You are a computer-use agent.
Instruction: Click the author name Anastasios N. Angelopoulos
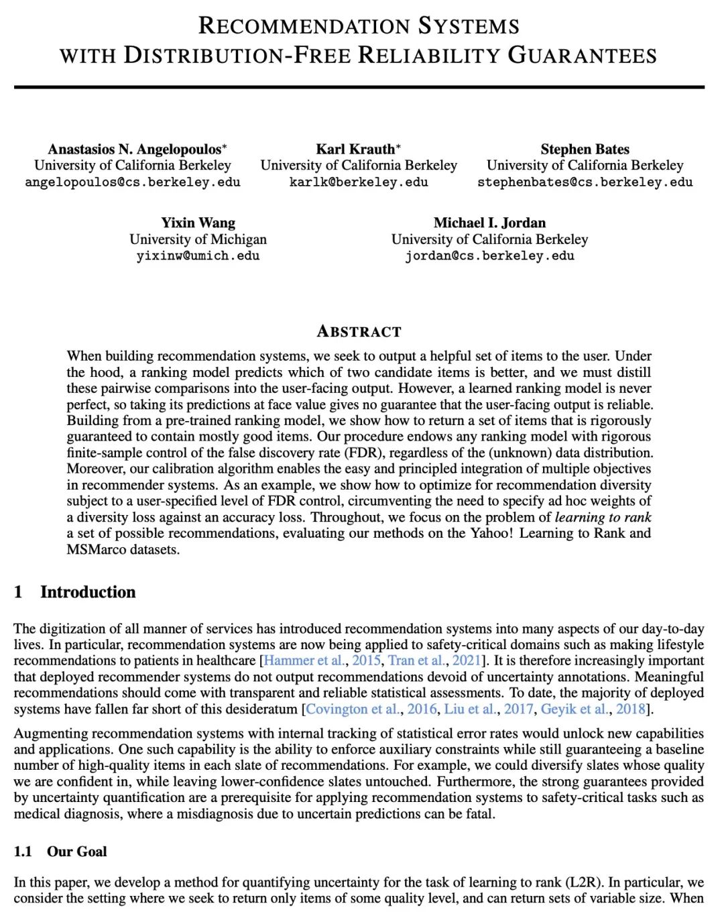[134, 149]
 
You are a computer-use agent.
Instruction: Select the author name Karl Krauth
[355, 149]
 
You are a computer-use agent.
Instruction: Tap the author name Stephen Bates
[585, 149]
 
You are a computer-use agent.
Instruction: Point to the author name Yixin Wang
[198, 223]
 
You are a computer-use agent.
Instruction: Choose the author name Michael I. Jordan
[489, 223]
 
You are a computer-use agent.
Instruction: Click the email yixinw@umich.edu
[198, 255]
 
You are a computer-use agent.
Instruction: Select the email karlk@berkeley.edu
[359, 182]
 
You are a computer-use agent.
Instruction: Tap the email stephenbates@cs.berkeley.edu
[585, 182]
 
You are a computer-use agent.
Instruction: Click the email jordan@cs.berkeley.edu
[489, 255]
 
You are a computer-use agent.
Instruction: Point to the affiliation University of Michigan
[198, 239]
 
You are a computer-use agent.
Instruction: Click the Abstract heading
[359, 331]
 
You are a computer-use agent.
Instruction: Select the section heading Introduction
[87, 591]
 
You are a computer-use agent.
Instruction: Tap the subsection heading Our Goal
[76, 852]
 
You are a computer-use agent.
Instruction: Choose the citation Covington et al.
[353, 709]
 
